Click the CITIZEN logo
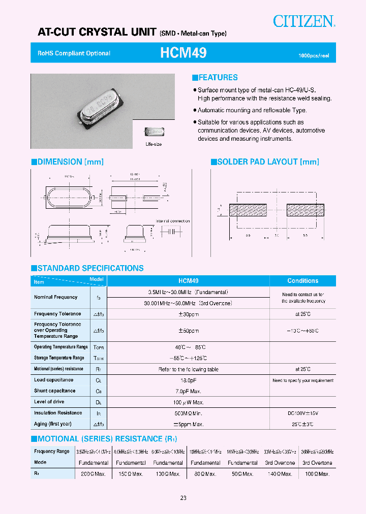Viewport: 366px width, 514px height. pyautogui.click(x=304, y=21)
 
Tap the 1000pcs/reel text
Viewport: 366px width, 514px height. pyautogui.click(x=313, y=55)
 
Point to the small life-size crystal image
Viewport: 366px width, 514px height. pyautogui.click(x=153, y=132)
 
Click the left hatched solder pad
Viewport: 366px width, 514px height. pyautogui.click(x=248, y=209)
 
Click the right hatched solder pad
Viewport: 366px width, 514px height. pyautogui.click(x=305, y=209)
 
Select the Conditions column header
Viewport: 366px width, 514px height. pyautogui.click(x=302, y=281)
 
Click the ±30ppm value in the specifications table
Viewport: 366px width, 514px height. pyautogui.click(x=188, y=314)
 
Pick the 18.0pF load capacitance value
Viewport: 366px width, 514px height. pyautogui.click(x=188, y=380)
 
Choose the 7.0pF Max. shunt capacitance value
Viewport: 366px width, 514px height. pyautogui.click(x=188, y=391)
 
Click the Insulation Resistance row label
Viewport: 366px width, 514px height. pyautogui.click(x=58, y=413)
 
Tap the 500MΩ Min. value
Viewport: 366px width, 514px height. pyautogui.click(x=188, y=413)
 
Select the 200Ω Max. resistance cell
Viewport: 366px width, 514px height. pyautogui.click(x=93, y=474)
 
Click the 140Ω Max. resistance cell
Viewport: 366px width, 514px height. pyautogui.click(x=280, y=474)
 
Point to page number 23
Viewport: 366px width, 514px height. pyautogui.click(x=183, y=498)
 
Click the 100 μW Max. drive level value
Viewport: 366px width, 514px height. pyautogui.click(x=188, y=402)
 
